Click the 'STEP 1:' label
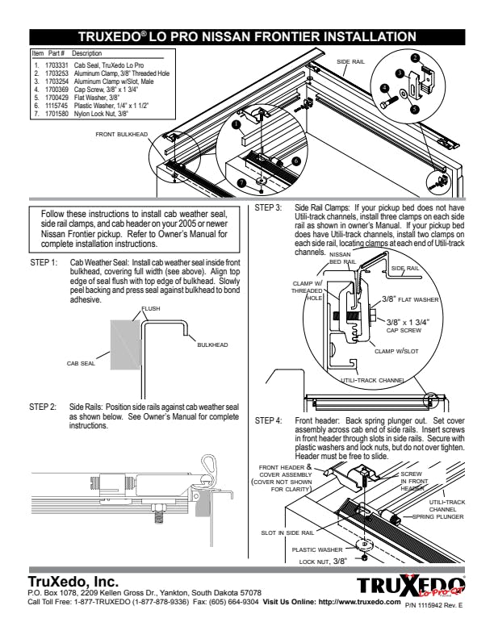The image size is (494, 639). coord(44,262)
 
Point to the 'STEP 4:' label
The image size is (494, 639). coord(268,420)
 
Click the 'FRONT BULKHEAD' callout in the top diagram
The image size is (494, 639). coord(121,134)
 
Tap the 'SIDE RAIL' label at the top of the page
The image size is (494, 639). coord(350,61)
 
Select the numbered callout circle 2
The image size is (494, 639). coord(416,58)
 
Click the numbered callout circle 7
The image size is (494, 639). coord(242,182)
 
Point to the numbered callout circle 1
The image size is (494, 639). coord(235,125)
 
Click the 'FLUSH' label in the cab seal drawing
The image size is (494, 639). coord(151,308)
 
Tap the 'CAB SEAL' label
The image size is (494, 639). coord(81,363)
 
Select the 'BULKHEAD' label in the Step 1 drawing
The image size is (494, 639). coord(212,345)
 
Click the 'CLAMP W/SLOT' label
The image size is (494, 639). coord(396,351)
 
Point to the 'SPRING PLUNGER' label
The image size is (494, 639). coord(437,516)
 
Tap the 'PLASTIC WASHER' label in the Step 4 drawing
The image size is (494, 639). coord(317,549)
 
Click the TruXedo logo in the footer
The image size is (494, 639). coord(411,585)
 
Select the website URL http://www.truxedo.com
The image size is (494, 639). coord(359,602)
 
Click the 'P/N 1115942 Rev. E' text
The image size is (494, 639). coord(433,606)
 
